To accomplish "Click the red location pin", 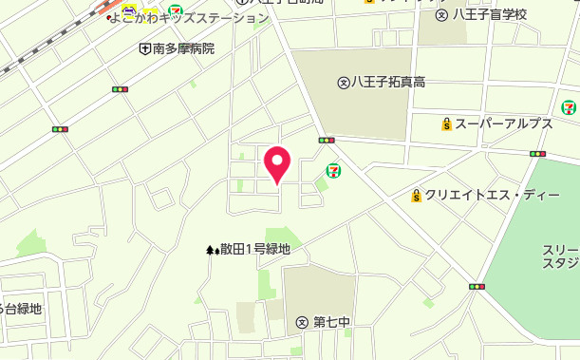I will (276, 163).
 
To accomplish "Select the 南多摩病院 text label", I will (183, 48).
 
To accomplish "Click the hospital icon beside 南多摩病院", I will (144, 48).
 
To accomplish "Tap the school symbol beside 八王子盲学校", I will (441, 14).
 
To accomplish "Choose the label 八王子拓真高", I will (387, 82).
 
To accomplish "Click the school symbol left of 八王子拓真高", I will (343, 82).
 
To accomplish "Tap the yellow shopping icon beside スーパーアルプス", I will (445, 123).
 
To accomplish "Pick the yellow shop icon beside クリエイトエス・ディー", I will (416, 196).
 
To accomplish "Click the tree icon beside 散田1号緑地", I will (212, 250).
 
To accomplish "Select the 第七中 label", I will (331, 322).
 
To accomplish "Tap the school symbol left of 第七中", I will (302, 322).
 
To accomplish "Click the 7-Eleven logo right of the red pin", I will (333, 170).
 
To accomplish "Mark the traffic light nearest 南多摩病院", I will (120, 89).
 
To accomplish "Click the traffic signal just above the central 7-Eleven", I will (327, 141).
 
